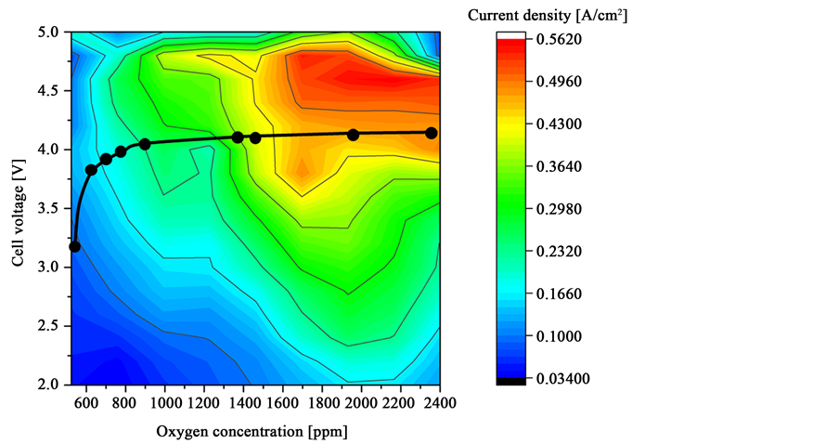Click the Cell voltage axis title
18,207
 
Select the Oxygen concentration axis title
251,431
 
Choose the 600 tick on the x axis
86,403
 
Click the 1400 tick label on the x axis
244,403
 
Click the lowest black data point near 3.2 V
75,246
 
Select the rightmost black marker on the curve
432,133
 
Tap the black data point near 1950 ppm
353,135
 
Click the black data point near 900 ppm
145,144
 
